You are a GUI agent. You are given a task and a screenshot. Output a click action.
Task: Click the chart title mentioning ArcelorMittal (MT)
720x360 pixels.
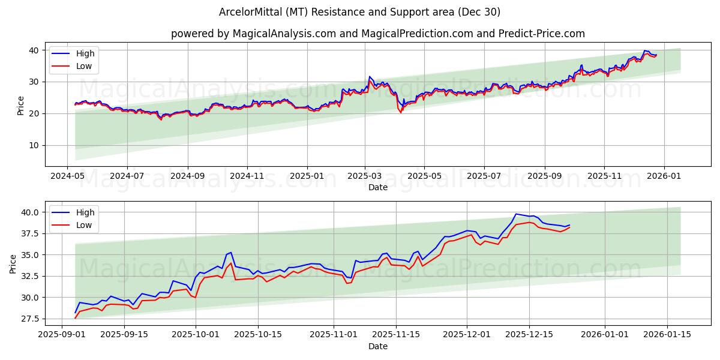(x=360, y=12)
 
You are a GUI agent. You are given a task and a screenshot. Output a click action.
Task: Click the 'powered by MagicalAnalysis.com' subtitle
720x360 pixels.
(x=378, y=34)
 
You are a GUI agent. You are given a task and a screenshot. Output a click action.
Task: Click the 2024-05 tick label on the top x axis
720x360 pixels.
(x=67, y=176)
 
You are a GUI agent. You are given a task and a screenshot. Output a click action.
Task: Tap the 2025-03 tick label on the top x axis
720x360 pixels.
(x=365, y=176)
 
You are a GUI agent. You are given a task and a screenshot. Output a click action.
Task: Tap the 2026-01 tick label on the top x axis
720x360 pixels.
(x=664, y=176)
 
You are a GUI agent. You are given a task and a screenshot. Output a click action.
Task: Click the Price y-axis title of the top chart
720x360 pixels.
(x=21, y=106)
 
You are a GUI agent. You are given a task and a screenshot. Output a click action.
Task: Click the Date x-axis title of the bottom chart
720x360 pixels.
(x=378, y=346)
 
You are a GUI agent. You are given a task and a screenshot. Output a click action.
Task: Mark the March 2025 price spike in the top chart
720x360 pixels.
(x=370, y=77)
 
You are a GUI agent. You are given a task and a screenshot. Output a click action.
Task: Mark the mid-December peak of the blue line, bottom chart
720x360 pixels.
(x=516, y=214)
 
